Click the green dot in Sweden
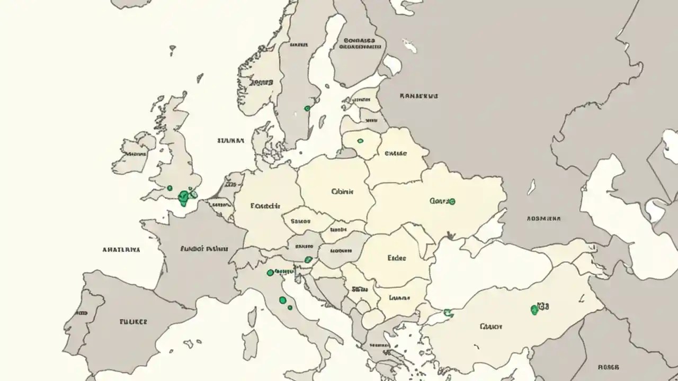[x=307, y=108]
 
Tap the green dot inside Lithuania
[x=360, y=141]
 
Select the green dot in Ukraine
[x=451, y=201]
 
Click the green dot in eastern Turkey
[x=534, y=310]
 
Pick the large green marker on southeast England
[x=184, y=197]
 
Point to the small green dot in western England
[x=169, y=188]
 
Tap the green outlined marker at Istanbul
[x=447, y=312]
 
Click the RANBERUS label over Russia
[x=418, y=96]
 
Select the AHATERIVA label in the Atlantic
[x=121, y=249]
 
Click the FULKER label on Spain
[x=133, y=321]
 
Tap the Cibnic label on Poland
[x=342, y=192]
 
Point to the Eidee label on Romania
[x=397, y=258]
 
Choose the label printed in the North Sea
[x=230, y=141]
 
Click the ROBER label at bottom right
[x=608, y=366]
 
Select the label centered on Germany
[x=265, y=206]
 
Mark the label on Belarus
[x=395, y=153]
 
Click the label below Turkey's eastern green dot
[x=490, y=326]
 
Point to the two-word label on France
[x=204, y=248]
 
